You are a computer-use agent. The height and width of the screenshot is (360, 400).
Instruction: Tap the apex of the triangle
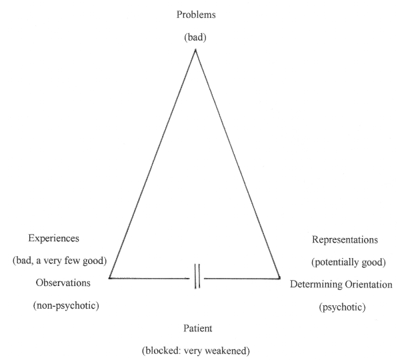(x=195, y=50)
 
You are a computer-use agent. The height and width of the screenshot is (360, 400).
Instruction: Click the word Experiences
(x=55, y=238)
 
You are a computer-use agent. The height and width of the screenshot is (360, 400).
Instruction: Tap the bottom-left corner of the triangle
(x=109, y=277)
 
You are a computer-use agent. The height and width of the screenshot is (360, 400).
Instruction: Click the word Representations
(x=345, y=239)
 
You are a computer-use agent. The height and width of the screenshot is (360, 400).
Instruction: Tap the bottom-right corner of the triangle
(x=280, y=278)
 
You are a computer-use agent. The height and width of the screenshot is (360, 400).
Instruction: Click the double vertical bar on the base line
(x=197, y=277)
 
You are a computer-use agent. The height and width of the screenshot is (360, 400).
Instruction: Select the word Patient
(x=197, y=328)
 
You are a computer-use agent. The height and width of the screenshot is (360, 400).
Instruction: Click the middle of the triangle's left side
(x=152, y=164)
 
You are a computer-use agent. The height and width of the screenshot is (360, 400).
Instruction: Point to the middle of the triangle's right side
(x=238, y=164)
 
